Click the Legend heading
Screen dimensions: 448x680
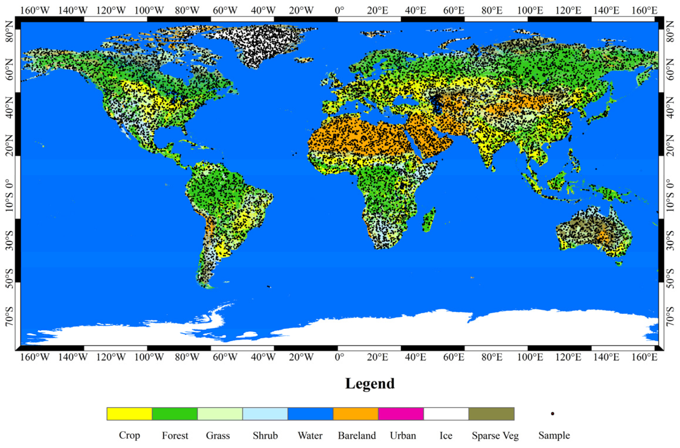click(370, 383)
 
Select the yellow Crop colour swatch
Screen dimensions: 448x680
click(129, 413)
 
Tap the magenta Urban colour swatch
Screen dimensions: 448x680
click(401, 413)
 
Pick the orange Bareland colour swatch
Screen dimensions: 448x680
click(356, 413)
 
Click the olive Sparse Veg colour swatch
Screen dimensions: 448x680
click(491, 413)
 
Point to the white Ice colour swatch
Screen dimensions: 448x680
click(446, 413)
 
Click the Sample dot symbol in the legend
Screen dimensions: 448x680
click(553, 414)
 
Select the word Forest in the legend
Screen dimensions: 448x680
click(175, 435)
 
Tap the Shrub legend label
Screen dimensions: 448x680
click(265, 435)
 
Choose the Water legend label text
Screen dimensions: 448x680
click(310, 435)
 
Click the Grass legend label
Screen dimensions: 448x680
click(218, 435)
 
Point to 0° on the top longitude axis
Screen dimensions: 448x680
click(339, 10)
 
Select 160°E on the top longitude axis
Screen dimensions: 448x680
click(644, 10)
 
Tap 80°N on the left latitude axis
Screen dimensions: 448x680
click(9, 31)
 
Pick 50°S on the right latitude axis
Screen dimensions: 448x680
click(670, 278)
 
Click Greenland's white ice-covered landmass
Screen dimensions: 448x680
click(258, 44)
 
